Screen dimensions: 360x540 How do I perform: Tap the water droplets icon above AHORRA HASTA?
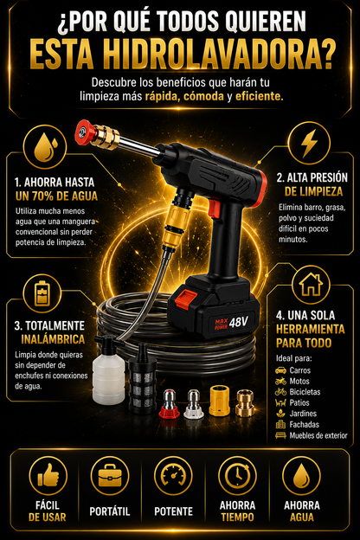46,147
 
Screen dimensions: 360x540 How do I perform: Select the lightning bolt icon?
309,143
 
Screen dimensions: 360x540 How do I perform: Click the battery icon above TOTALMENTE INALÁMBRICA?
42,293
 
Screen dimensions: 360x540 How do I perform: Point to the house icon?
311,285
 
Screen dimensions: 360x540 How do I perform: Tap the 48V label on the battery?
238,322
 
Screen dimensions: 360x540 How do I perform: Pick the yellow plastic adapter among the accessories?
220,401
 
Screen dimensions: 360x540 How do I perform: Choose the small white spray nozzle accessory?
193,404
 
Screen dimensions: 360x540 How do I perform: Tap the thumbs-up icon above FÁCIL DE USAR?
48,476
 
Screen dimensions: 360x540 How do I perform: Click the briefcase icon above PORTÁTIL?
110,476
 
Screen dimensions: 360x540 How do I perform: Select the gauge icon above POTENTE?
174,476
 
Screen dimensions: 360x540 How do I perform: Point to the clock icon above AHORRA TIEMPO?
237,476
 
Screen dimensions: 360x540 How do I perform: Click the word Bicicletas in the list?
305,392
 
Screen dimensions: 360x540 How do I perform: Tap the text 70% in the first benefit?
43,196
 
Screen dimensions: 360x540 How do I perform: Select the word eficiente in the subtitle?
259,96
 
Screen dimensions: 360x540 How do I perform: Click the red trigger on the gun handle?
214,208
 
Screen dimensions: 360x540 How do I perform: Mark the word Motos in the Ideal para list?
299,382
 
